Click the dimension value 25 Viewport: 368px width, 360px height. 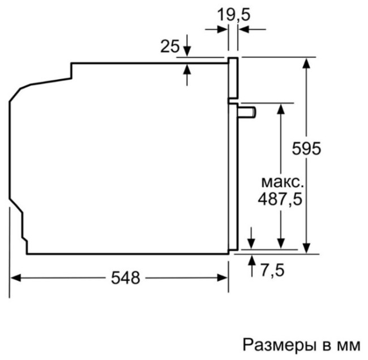pyautogui.click(x=169, y=46)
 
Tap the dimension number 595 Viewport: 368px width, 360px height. pyautogui.click(x=306, y=149)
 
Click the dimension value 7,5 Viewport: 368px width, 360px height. pyautogui.click(x=272, y=271)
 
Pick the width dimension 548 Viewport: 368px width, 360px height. pyautogui.click(x=125, y=277)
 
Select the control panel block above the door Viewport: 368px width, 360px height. pyautogui.click(x=233, y=78)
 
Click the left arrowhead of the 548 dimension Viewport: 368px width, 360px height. pyautogui.click(x=15, y=277)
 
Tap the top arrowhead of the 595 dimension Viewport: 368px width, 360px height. pyautogui.click(x=306, y=62)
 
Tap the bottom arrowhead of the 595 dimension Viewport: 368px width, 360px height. pyautogui.click(x=306, y=248)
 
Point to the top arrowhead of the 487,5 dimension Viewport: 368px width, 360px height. pyautogui.click(x=280, y=108)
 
